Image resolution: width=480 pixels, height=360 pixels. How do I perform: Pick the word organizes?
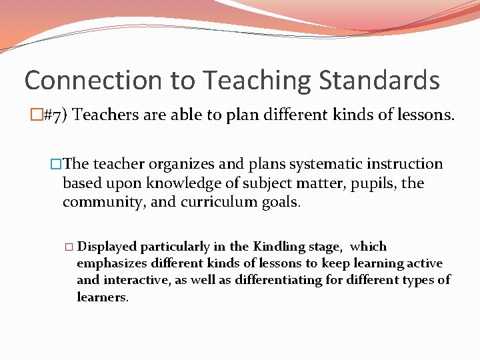(x=175, y=164)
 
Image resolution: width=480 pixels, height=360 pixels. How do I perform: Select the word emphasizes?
(x=107, y=263)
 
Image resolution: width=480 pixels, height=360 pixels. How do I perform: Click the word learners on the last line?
(x=101, y=297)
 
